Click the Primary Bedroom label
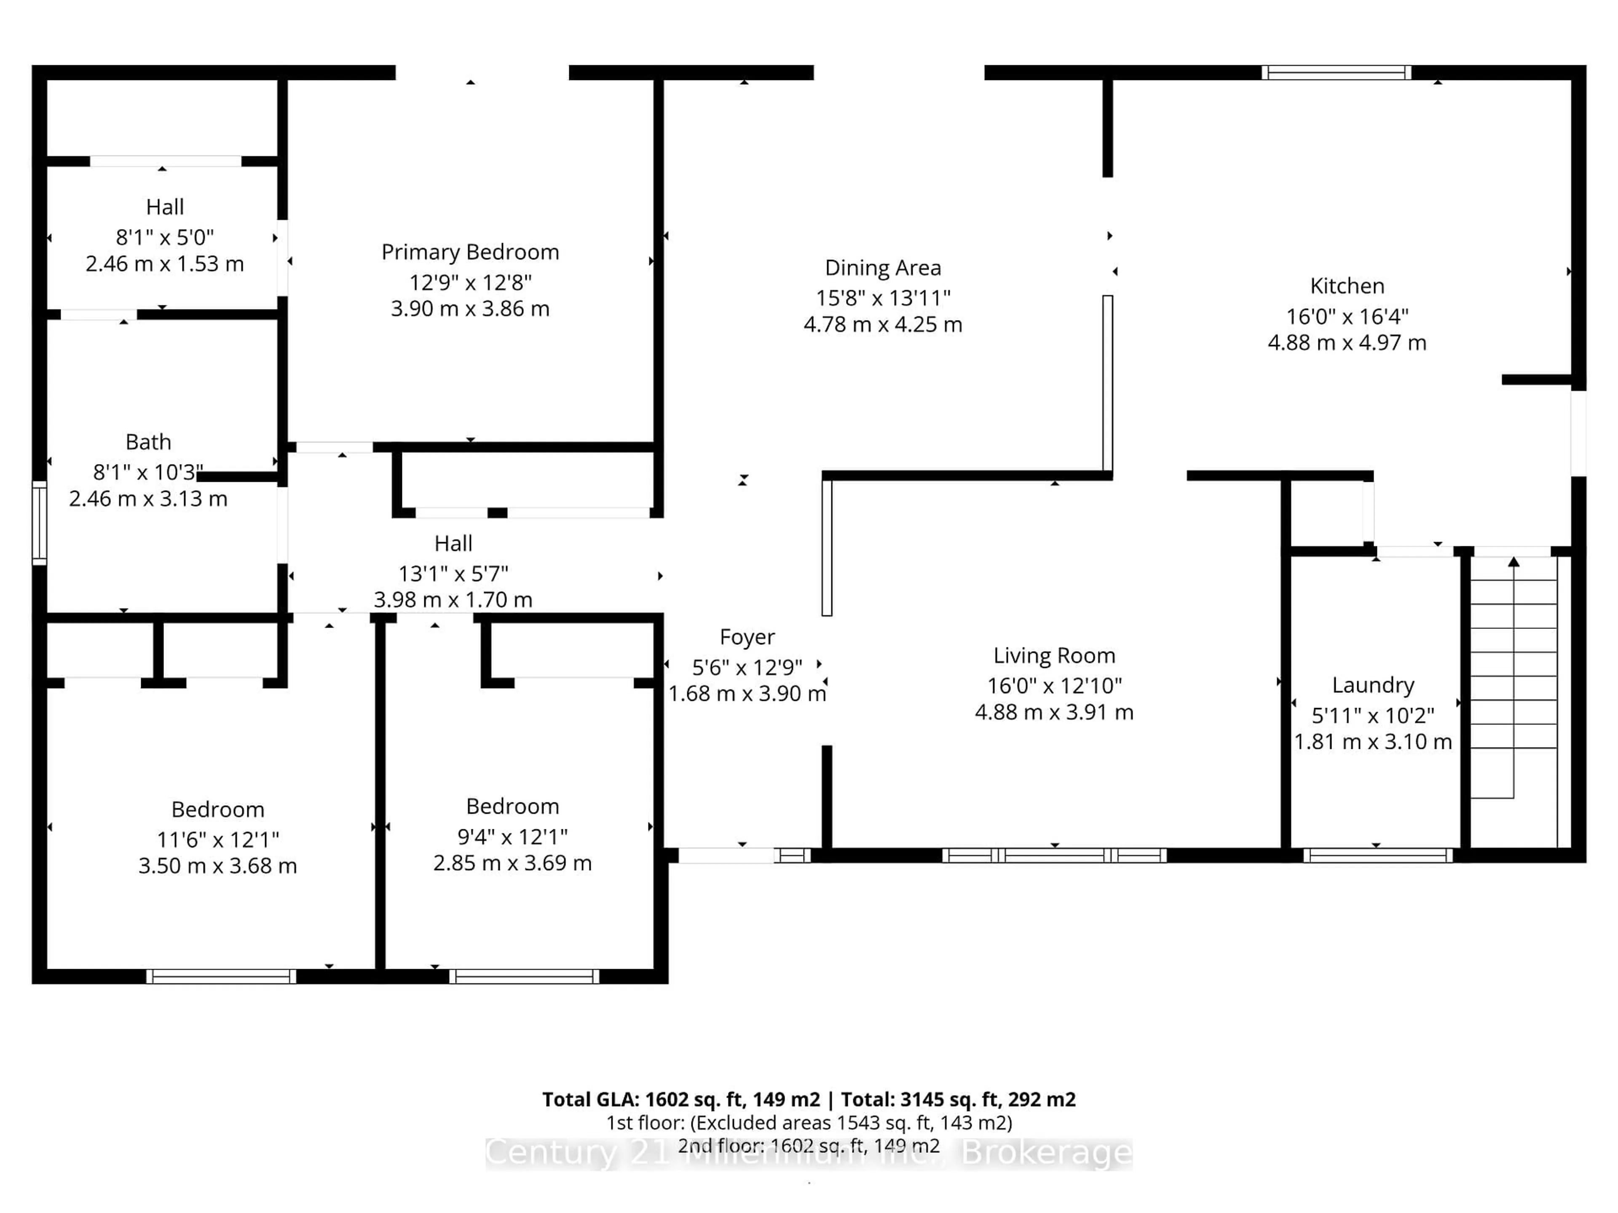(470, 252)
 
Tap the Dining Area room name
(882, 268)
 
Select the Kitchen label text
(1347, 286)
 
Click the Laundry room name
(1372, 685)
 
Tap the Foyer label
(746, 638)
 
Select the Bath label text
(148, 442)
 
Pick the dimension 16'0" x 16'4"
(1347, 317)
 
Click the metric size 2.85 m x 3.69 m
(512, 863)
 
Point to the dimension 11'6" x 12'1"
(217, 839)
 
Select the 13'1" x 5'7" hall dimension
(453, 574)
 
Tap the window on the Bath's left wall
(40, 523)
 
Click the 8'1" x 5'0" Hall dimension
(165, 238)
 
